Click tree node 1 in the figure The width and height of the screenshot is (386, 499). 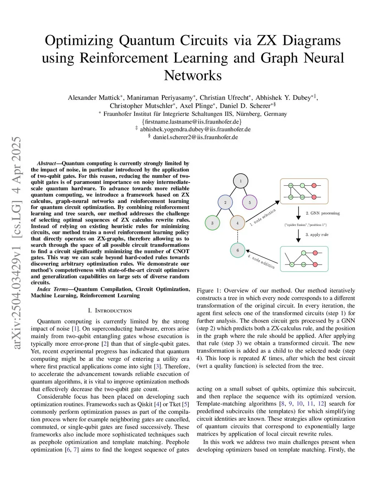point(240,181)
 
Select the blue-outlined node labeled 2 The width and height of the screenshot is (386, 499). point(225,202)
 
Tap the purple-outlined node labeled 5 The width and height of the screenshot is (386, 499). point(250,202)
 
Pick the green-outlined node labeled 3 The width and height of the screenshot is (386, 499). point(212,223)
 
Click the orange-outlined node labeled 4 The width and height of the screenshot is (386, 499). point(237,223)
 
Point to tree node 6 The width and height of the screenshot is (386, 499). point(237,250)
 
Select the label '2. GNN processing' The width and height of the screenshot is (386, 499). point(323,213)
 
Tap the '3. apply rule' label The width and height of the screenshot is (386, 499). point(317,235)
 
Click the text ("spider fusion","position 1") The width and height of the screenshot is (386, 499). point(305,225)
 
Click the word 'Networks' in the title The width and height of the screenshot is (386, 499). point(193,75)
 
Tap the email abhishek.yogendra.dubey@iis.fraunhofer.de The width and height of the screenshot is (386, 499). point(195,129)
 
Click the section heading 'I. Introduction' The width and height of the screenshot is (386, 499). point(110,311)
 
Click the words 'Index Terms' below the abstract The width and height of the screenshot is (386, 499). point(52,289)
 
